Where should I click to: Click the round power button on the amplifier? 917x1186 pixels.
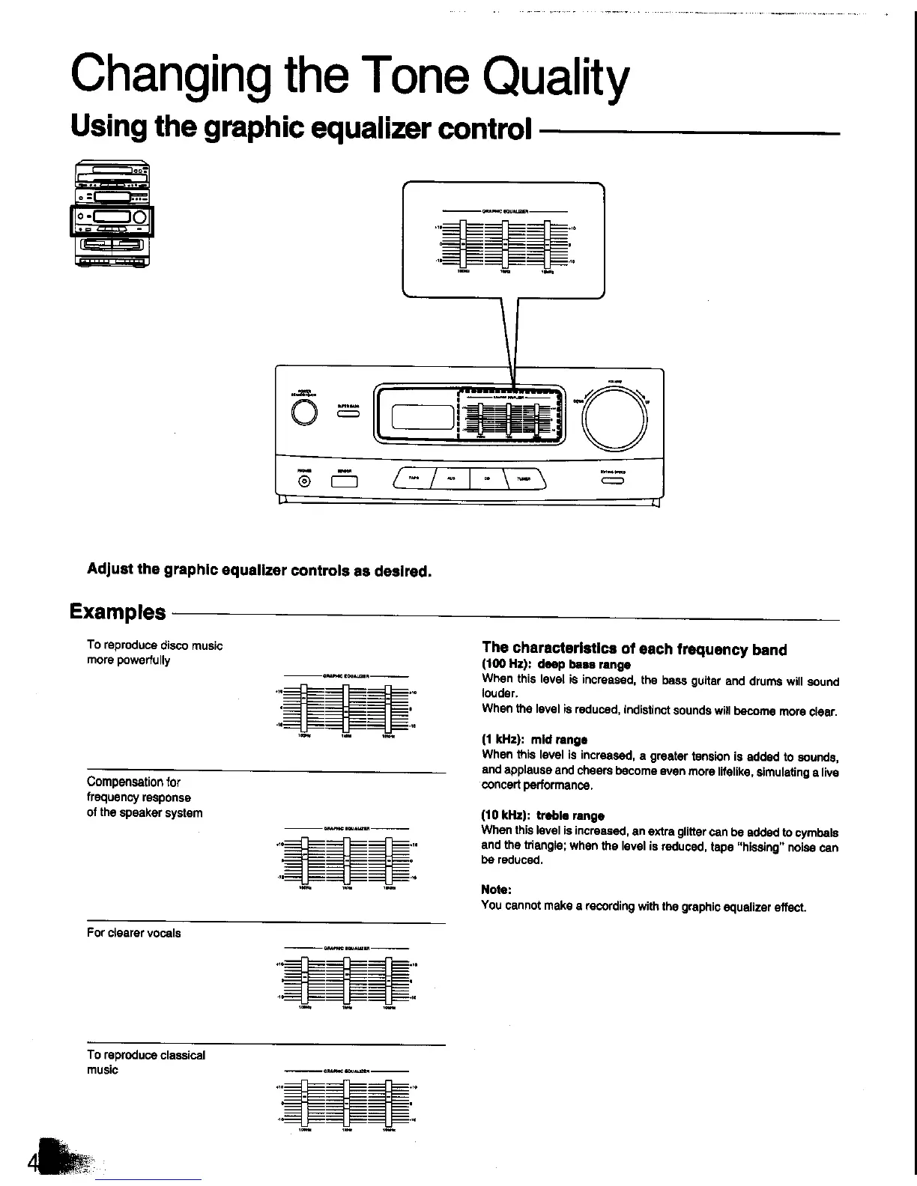click(x=304, y=413)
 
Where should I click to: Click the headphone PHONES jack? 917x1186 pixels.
click(x=304, y=481)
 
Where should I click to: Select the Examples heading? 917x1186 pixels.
click(x=118, y=612)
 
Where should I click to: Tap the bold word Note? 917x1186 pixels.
click(x=496, y=889)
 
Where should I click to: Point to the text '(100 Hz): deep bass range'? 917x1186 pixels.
click(x=556, y=665)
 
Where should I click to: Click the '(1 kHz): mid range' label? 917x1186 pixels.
click(x=534, y=740)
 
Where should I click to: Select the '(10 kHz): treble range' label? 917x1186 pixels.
click(x=542, y=815)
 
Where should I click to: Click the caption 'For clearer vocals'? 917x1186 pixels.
click(x=133, y=933)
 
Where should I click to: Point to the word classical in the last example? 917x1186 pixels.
click(x=182, y=1055)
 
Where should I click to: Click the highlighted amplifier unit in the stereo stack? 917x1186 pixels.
click(x=112, y=220)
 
